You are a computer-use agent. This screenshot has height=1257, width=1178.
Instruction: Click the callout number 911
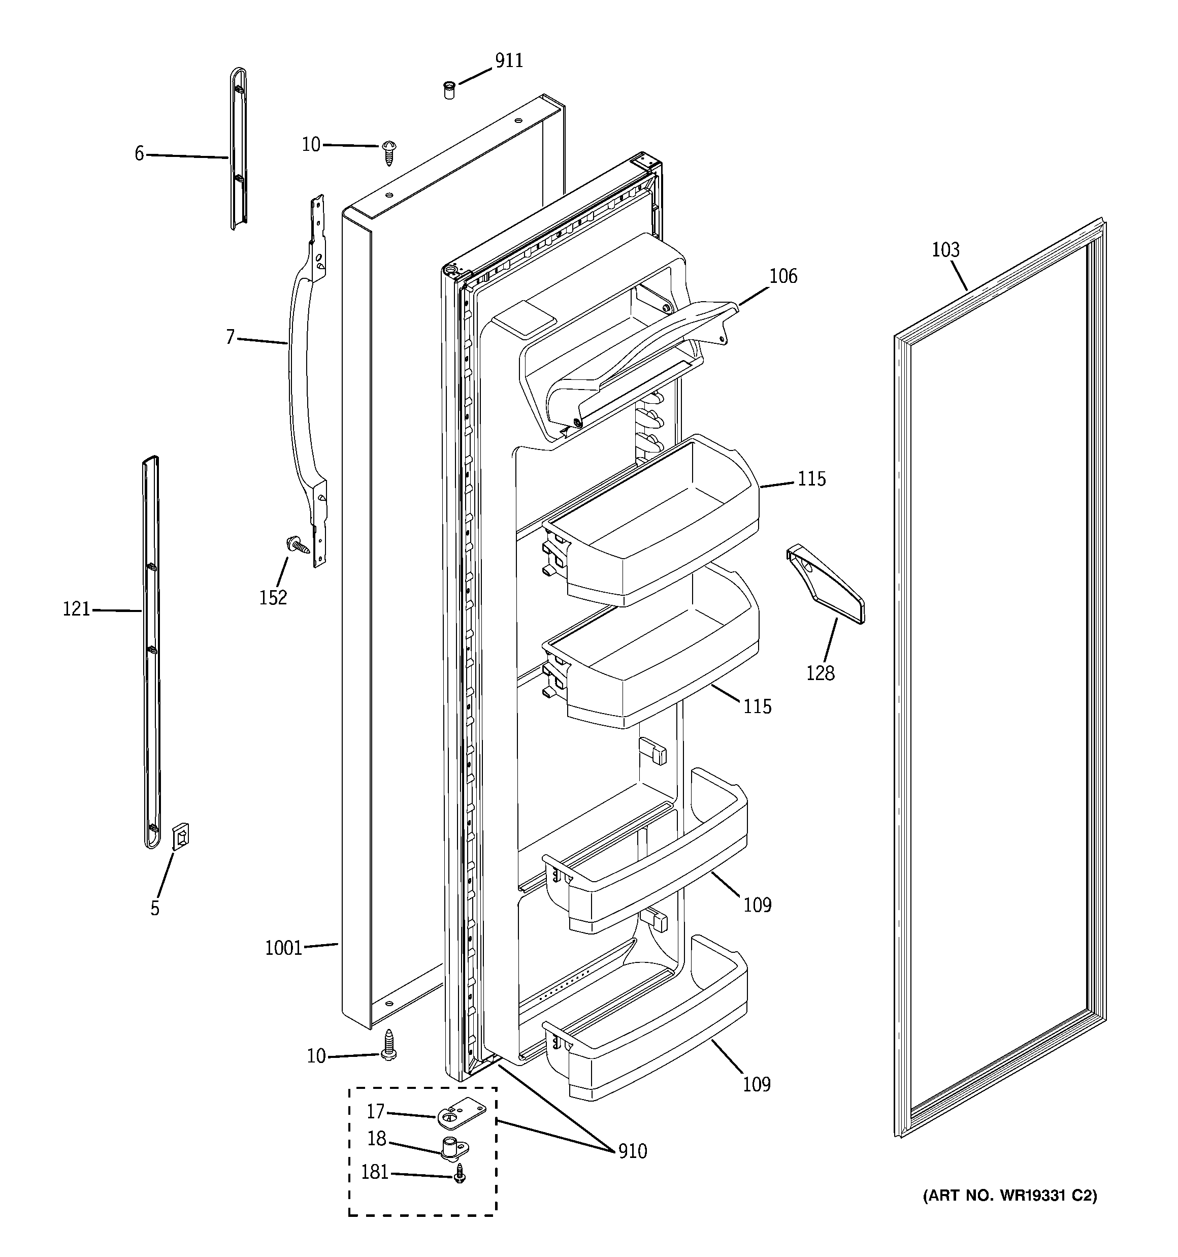tap(508, 61)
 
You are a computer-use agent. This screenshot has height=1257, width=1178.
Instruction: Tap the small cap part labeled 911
tap(449, 90)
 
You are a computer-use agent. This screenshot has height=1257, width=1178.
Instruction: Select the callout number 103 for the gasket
tap(945, 250)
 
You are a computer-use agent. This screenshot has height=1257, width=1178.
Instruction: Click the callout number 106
tap(783, 276)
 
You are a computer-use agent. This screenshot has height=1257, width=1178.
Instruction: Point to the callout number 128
tap(820, 673)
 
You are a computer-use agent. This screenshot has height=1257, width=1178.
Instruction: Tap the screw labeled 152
tap(299, 545)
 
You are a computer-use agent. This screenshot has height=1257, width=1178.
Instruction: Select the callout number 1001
tap(283, 948)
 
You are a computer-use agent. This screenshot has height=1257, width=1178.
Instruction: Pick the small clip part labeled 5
tap(181, 836)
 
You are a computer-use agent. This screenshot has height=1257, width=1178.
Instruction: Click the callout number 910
tap(632, 1151)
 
